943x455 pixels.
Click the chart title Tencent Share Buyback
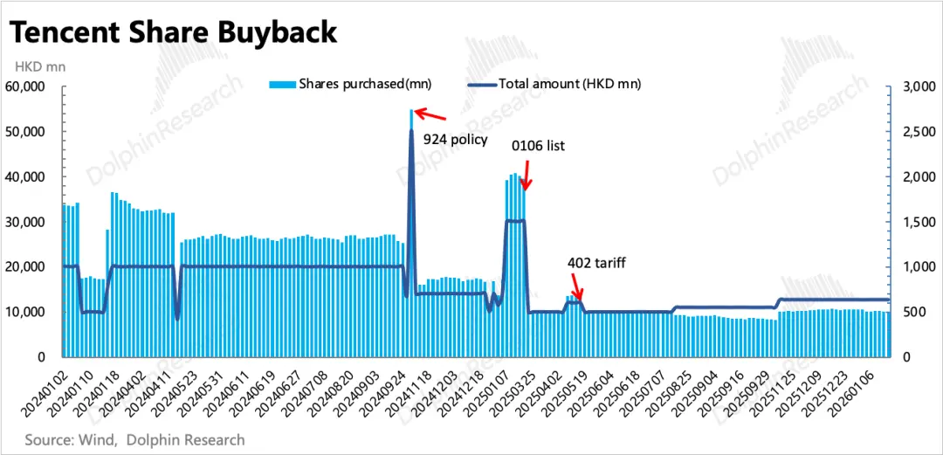click(173, 32)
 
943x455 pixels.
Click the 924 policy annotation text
click(455, 138)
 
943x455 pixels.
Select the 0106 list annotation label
click(539, 146)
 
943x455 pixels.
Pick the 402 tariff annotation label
click(596, 261)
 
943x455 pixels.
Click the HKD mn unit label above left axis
click(38, 65)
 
